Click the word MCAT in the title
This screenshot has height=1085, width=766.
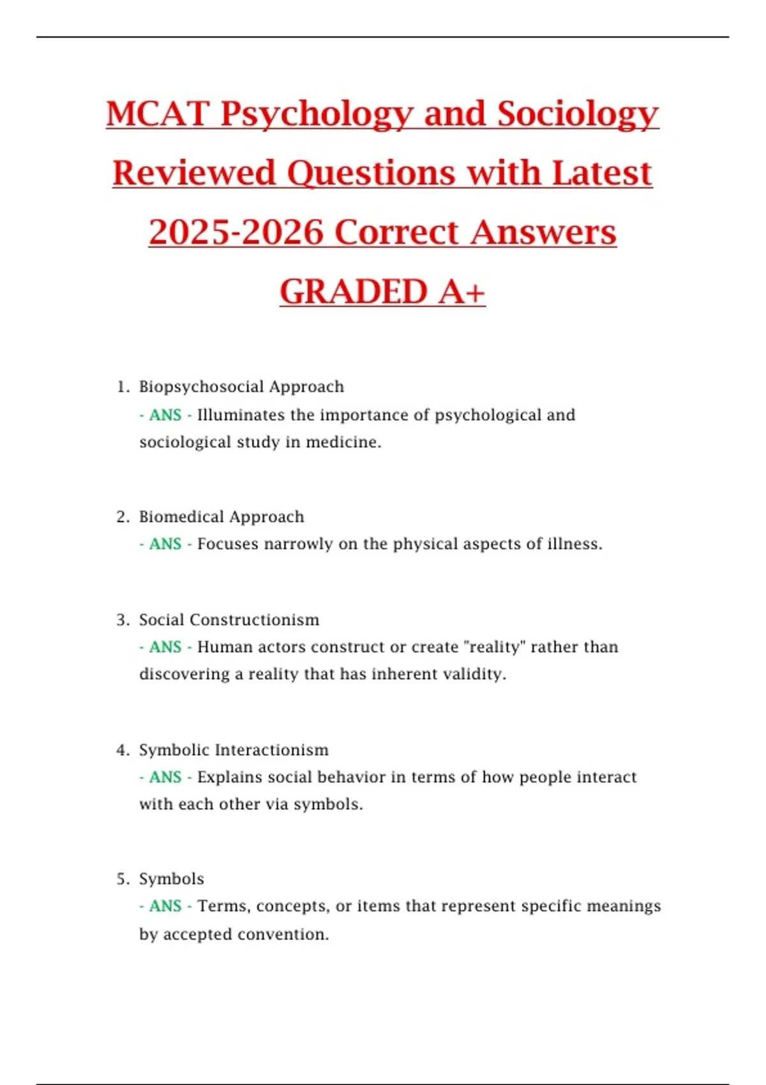pos(158,114)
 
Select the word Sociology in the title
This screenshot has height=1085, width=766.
pos(578,114)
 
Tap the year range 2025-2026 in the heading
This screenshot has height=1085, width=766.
pos(236,232)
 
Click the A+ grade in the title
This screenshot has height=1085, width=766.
pos(462,292)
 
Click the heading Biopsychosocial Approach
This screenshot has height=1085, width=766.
pos(241,387)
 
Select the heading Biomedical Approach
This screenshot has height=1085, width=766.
pos(222,516)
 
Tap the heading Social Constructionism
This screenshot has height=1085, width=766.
pos(229,620)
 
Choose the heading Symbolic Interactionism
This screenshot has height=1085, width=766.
pos(234,750)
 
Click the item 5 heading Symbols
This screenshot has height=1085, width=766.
pos(172,879)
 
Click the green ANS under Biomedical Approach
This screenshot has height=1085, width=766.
pos(165,544)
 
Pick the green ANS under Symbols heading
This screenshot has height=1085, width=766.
pos(165,906)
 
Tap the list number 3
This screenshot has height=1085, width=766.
pos(122,620)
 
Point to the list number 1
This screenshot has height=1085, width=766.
pos(122,387)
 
